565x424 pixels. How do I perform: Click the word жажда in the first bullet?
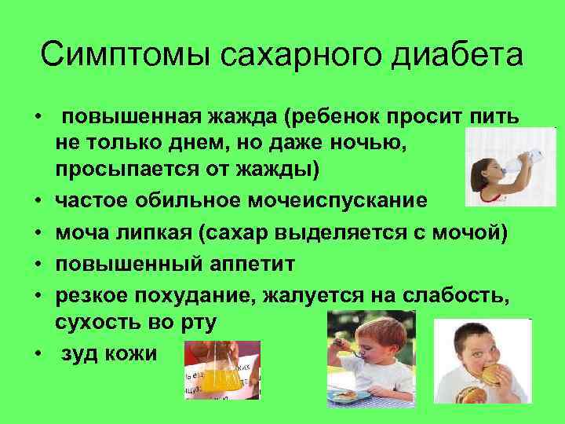pyautogui.click(x=239, y=118)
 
